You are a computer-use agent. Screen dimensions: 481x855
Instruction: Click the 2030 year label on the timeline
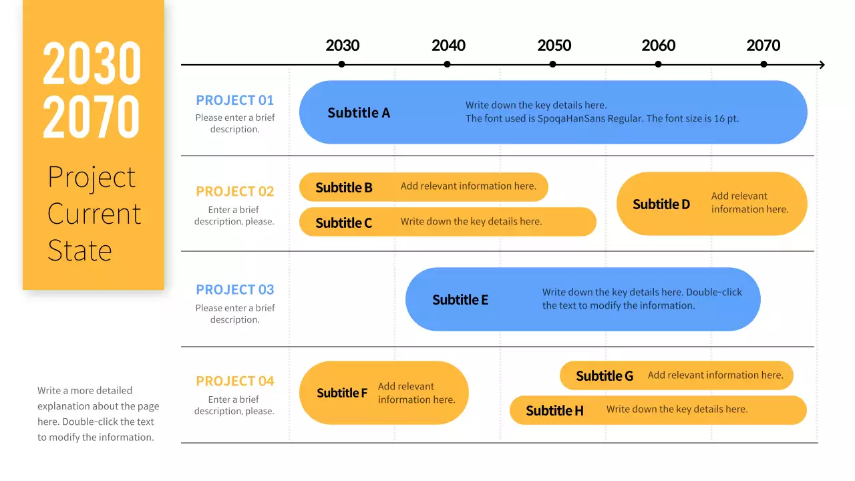[x=342, y=45]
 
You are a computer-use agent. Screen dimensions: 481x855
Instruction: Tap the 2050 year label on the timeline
[x=554, y=45]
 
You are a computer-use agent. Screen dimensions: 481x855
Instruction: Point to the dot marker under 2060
[x=658, y=64]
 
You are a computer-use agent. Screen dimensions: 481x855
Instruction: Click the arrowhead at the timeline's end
[x=822, y=65]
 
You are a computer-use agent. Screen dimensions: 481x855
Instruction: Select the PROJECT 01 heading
[x=234, y=100]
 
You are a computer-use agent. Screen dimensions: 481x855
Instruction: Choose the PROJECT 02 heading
[x=234, y=191]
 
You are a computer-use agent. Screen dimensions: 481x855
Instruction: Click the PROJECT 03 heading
[x=234, y=289]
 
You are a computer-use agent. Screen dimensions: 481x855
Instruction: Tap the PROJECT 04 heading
[x=234, y=381]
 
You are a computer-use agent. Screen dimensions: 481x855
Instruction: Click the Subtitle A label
[x=359, y=113]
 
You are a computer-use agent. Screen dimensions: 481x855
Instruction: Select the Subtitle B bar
[x=423, y=187]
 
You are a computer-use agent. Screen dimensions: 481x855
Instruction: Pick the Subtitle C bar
[x=448, y=222]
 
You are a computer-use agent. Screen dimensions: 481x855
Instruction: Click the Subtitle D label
[x=661, y=204]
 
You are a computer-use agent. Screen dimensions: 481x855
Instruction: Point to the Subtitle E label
[x=460, y=300]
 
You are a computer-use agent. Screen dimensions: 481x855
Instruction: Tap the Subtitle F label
[x=342, y=393]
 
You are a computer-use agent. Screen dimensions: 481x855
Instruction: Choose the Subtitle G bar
[x=676, y=375]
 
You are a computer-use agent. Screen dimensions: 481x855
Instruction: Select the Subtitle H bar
[x=658, y=410]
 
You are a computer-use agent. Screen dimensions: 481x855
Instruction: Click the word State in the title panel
[x=79, y=251]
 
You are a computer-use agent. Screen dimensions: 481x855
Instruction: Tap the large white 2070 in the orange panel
[x=92, y=116]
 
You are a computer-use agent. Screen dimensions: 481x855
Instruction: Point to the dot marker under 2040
[x=447, y=64]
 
